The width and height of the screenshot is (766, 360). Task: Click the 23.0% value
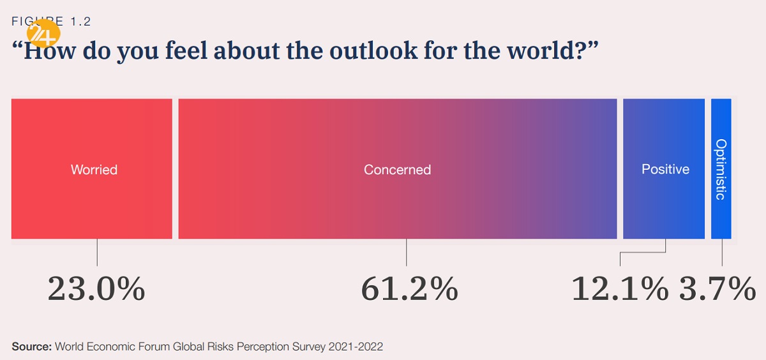tap(96, 289)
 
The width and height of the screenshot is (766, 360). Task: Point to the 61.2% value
tap(409, 289)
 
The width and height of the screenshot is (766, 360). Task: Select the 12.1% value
tap(619, 289)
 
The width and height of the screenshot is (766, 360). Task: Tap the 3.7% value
tap(717, 289)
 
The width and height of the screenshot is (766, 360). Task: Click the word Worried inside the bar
tap(94, 170)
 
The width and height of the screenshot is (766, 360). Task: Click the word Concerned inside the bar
tap(397, 170)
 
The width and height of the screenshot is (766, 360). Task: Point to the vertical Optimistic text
tap(721, 169)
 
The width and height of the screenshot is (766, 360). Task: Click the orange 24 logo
tap(43, 33)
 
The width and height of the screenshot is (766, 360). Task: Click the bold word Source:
tap(31, 347)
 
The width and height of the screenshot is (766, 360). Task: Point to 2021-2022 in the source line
tap(356, 347)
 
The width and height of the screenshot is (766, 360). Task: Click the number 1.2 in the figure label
tap(81, 21)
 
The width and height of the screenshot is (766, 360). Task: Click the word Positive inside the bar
tap(665, 169)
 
